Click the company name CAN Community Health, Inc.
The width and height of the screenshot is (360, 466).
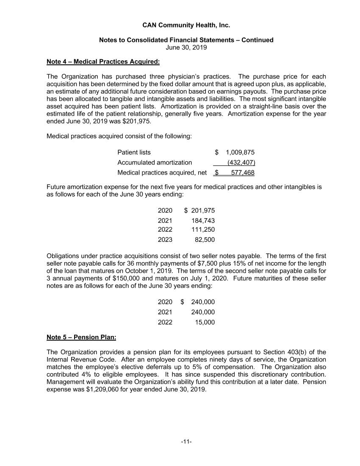[x=186, y=25]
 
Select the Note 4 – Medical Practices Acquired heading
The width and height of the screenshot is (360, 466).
[x=103, y=62]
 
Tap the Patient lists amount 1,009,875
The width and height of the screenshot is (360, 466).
[x=240, y=152]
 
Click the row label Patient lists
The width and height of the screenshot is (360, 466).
[x=134, y=152]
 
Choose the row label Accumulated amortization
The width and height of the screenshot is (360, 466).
[x=155, y=162]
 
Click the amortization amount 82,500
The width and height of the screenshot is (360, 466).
[x=205, y=240]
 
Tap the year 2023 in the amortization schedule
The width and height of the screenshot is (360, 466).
[x=165, y=240]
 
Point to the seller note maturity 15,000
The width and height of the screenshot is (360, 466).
[x=205, y=322]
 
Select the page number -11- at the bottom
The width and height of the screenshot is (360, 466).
[x=186, y=442]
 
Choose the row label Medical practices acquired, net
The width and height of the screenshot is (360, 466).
[x=162, y=172]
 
